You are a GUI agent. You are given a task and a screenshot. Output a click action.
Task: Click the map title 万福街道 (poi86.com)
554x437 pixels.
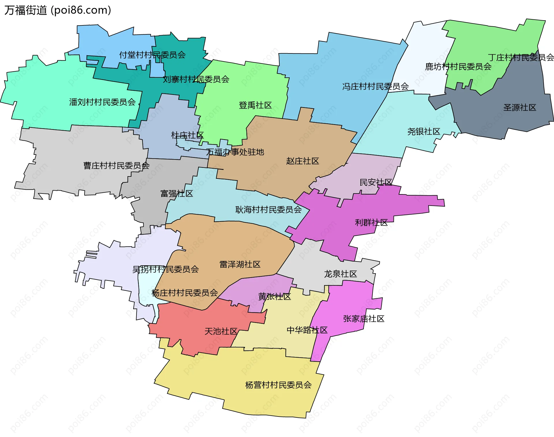(x=58, y=10)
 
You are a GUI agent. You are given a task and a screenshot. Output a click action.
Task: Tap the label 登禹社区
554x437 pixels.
(x=255, y=105)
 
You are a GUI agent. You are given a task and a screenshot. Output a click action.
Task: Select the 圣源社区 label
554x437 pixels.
(x=520, y=108)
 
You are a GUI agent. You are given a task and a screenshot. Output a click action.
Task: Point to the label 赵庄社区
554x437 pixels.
(x=302, y=161)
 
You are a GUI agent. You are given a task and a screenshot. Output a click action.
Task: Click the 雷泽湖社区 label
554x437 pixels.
(x=240, y=265)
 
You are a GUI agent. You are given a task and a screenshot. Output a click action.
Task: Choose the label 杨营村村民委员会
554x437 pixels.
(x=278, y=385)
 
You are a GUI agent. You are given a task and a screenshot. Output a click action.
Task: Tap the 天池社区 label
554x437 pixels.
(x=221, y=331)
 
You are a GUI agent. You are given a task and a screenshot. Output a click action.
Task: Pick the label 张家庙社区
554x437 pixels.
(x=364, y=319)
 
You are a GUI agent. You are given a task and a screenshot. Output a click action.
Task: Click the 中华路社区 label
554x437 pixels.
(x=307, y=330)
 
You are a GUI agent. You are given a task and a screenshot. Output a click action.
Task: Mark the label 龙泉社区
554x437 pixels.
(x=340, y=274)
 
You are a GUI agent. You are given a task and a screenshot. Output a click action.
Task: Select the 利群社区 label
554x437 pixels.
(x=371, y=223)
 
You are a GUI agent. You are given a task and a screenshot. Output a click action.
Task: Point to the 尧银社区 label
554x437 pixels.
(x=424, y=132)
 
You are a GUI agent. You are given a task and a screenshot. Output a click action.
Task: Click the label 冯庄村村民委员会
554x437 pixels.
(x=375, y=86)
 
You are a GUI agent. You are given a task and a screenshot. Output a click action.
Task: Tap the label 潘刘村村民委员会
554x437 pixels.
(x=102, y=102)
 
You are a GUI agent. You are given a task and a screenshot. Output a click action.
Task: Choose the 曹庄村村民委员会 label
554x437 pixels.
(x=116, y=165)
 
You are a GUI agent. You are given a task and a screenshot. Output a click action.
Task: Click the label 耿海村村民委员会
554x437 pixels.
(x=268, y=210)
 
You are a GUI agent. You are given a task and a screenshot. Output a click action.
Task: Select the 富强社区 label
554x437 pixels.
(x=177, y=194)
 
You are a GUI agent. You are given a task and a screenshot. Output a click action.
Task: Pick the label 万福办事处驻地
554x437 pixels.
(x=235, y=152)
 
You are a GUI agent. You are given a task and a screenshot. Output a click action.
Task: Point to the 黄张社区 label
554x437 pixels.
(x=274, y=297)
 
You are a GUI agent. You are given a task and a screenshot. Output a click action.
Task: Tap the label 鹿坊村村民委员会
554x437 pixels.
(x=458, y=67)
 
